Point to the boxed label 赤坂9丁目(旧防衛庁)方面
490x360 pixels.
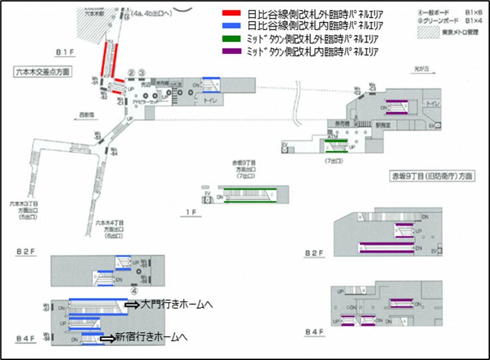tap(432, 176)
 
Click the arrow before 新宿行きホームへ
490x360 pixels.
tap(106, 338)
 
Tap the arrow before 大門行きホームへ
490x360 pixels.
tap(132, 305)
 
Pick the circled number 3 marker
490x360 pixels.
tap(142, 73)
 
